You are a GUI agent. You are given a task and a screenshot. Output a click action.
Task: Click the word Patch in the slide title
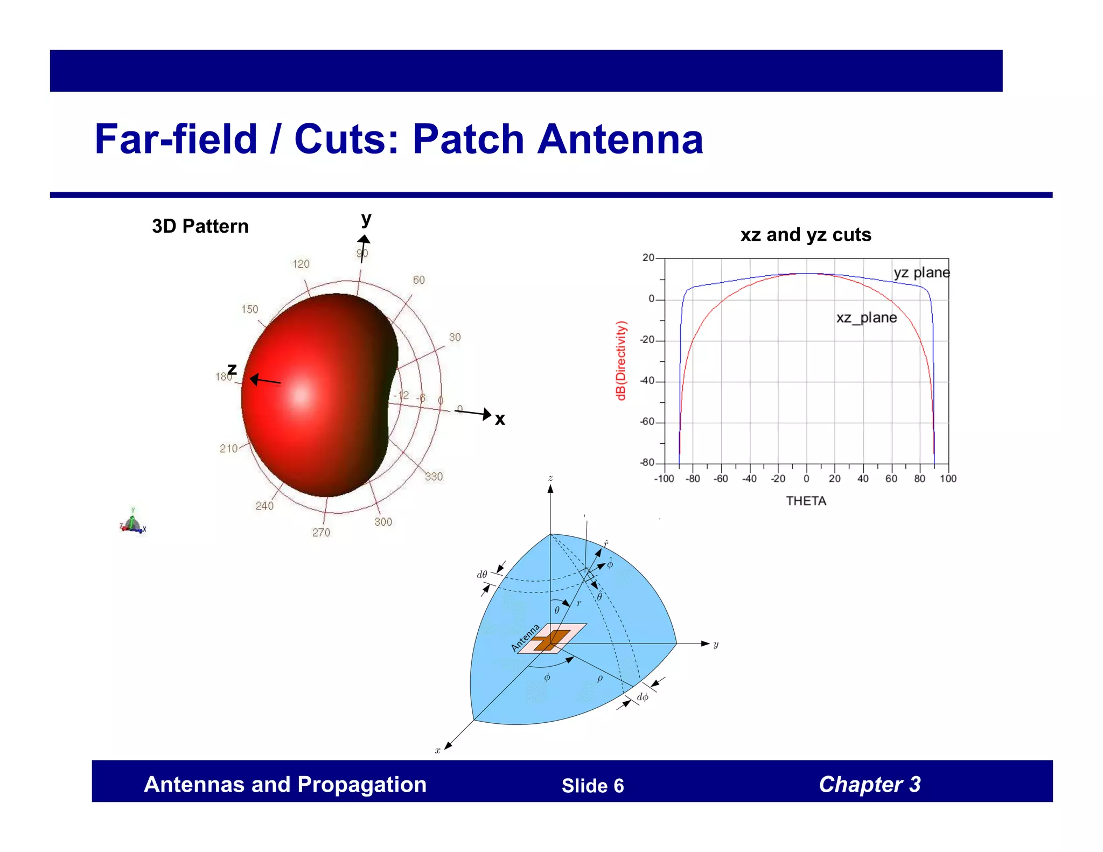click(x=468, y=139)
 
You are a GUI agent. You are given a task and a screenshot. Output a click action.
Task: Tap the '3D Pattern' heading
click(x=200, y=226)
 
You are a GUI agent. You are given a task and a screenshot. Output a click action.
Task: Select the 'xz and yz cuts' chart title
click(x=805, y=235)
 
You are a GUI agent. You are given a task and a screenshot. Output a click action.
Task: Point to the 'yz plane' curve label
click(x=921, y=273)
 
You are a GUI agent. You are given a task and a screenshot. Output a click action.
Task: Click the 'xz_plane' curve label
click(x=866, y=318)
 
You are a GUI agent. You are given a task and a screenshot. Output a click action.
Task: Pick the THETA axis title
click(x=806, y=501)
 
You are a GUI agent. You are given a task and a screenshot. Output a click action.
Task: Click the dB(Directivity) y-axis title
click(x=621, y=360)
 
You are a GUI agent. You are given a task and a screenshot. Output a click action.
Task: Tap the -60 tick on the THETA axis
click(x=721, y=479)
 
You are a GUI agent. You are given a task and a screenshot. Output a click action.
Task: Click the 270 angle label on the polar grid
click(x=321, y=533)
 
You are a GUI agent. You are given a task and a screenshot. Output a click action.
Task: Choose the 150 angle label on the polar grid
click(x=249, y=309)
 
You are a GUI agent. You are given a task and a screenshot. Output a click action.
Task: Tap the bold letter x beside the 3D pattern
click(x=500, y=420)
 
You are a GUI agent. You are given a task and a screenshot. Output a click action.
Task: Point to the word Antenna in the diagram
click(x=525, y=638)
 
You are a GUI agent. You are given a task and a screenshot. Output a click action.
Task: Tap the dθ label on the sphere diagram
click(x=481, y=575)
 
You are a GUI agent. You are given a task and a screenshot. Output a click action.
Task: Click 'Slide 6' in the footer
click(x=592, y=786)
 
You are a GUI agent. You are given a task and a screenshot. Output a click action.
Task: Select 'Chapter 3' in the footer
click(x=869, y=785)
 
